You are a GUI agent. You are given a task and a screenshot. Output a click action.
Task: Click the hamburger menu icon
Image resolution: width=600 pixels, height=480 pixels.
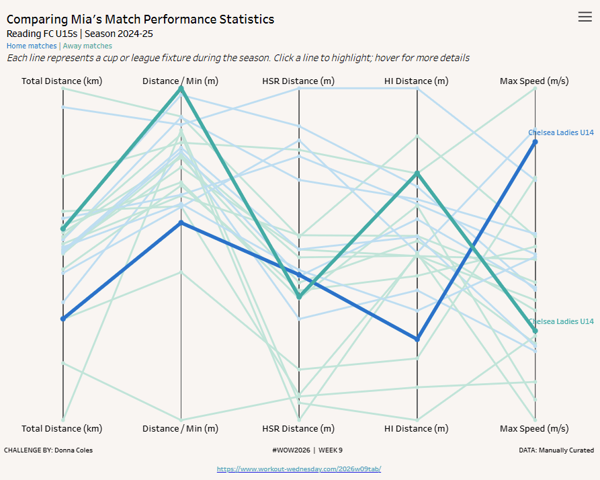pos(585,17)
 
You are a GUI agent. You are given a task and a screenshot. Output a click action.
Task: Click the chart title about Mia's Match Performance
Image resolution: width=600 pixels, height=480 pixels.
pos(140,19)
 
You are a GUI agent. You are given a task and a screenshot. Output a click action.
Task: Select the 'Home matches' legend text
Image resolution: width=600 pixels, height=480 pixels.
pos(32,46)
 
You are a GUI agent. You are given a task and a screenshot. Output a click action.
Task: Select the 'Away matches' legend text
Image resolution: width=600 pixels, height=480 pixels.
pos(87,46)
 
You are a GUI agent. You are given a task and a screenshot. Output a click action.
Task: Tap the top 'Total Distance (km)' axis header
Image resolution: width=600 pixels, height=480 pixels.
pos(62,81)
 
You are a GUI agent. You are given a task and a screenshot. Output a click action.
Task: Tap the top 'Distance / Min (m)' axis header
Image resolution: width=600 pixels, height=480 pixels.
pos(180,81)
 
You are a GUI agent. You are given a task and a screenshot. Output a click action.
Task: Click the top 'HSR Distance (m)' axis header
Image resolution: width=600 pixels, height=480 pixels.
pos(298,81)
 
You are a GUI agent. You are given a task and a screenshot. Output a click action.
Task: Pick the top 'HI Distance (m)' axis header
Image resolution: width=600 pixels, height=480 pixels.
pos(417,81)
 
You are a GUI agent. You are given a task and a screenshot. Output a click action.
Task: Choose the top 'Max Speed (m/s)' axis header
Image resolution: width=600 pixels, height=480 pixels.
pos(534,81)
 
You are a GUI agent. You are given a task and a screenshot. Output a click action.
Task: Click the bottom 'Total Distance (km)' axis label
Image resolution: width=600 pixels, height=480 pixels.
pos(62,428)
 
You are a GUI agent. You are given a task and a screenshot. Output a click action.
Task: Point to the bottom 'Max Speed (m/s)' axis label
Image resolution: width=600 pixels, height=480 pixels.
pos(534,428)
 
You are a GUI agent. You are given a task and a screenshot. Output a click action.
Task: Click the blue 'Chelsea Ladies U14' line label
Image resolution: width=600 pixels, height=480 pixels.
pos(561,132)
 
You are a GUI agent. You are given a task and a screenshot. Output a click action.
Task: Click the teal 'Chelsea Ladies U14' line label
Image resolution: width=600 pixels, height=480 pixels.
pos(561,321)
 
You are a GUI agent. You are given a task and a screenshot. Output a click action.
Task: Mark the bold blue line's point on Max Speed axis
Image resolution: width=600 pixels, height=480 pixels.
pos(535,142)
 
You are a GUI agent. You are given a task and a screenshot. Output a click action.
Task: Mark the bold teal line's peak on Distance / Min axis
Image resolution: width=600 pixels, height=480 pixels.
pos(181,89)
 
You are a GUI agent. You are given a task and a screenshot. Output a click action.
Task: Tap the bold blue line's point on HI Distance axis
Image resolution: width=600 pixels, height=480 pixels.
pos(417,339)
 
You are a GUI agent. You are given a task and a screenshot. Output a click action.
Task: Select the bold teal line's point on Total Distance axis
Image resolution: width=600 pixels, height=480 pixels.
pos(63,229)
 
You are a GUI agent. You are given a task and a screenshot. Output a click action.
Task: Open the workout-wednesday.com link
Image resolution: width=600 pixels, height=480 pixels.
pos(299,469)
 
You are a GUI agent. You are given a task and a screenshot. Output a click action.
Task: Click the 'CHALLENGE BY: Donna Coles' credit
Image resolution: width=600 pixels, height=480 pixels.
pos(48,450)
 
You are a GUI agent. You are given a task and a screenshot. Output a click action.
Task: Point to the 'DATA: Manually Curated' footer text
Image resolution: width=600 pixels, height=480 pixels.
pos(556,450)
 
